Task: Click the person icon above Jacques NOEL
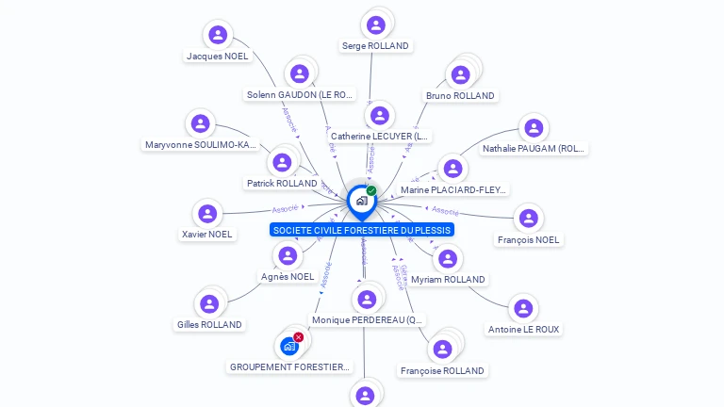pos(218,35)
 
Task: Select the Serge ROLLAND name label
pos(375,45)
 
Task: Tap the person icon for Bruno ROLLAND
pos(460,75)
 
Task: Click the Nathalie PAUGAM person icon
pos(534,127)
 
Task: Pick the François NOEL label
pos(528,240)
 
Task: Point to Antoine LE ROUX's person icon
pos(523,308)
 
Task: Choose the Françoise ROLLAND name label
pos(441,371)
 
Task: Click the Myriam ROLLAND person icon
pos(448,258)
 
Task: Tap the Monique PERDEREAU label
pos(369,320)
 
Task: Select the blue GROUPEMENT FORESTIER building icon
pos(289,346)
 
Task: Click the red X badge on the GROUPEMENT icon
pos(299,336)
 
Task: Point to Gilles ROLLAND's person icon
pos(209,303)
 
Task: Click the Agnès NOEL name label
pos(288,276)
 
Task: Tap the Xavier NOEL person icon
pos(207,214)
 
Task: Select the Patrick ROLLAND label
pos(282,183)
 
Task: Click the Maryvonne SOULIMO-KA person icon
pos(200,123)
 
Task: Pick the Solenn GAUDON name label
pos(300,94)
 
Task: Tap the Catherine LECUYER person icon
pos(379,115)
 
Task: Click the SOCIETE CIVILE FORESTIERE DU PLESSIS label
pos(362,230)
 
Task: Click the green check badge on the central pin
pos(371,190)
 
